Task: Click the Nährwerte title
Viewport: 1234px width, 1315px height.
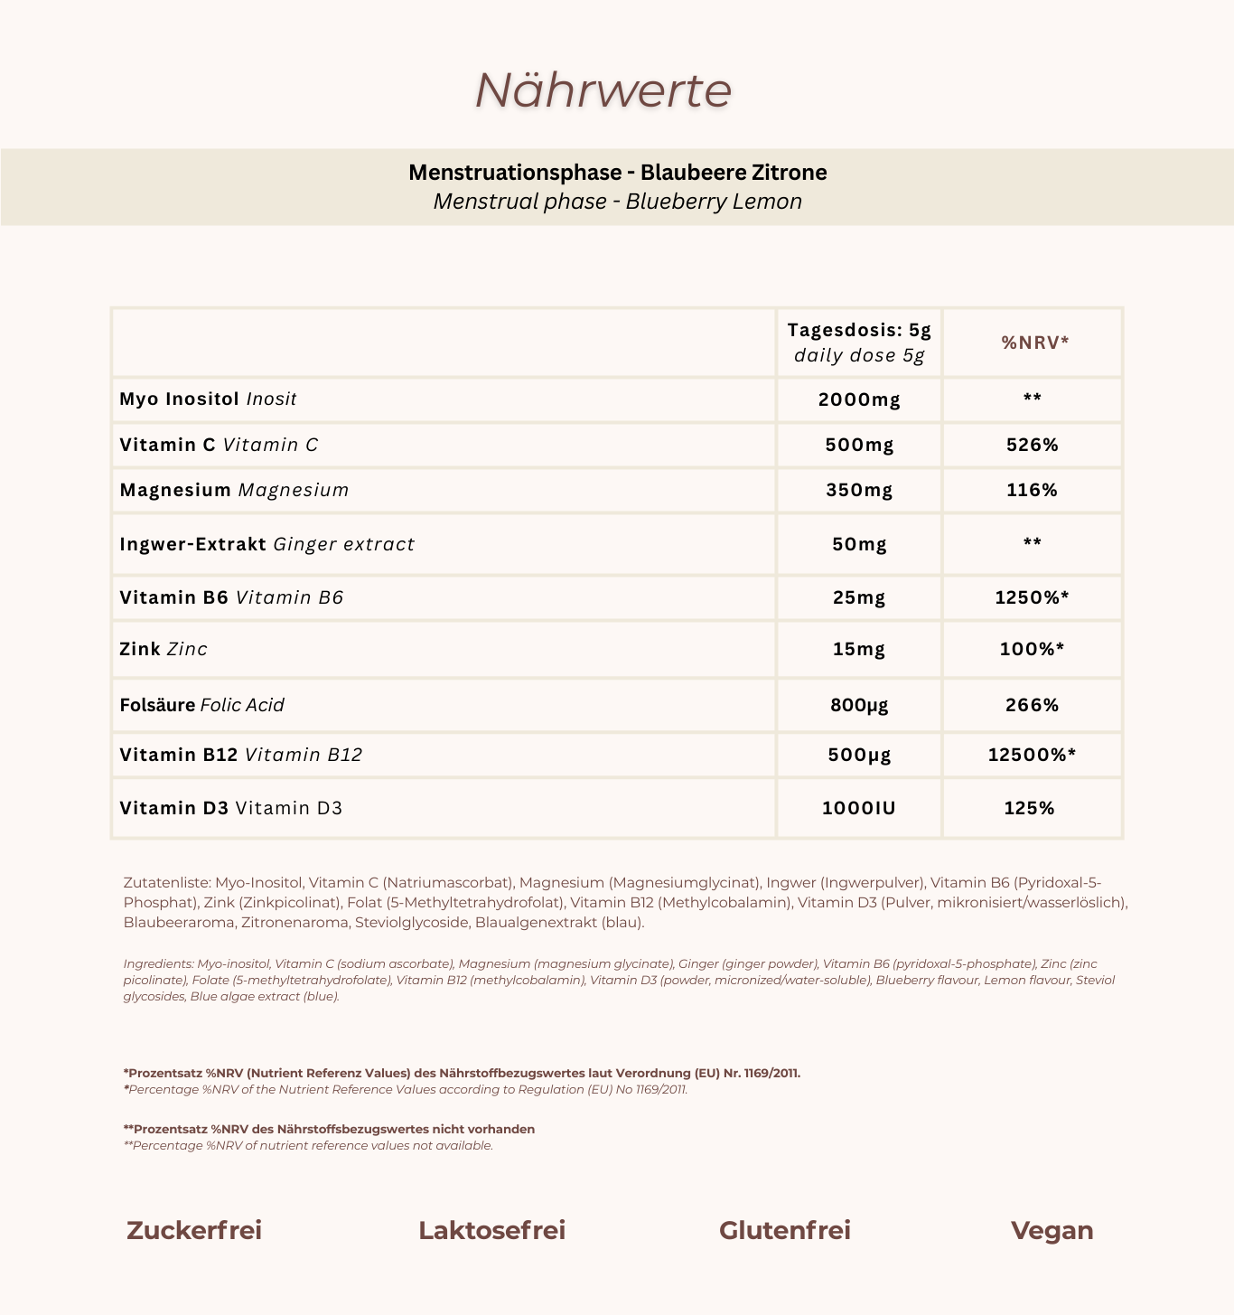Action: [x=603, y=90]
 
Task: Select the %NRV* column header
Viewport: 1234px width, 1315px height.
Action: [x=1034, y=342]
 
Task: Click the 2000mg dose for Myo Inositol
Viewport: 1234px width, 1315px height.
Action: [x=859, y=399]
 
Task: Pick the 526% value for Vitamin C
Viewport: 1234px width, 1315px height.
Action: [x=1032, y=445]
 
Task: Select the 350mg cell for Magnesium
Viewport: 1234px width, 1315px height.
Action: [x=859, y=490]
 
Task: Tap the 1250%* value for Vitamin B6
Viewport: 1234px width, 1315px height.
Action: [x=1032, y=597]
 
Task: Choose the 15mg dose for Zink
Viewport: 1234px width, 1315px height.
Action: [x=859, y=649]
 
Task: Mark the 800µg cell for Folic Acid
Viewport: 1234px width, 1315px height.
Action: [x=859, y=705]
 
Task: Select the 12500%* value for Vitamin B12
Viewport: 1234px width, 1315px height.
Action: [x=1032, y=755]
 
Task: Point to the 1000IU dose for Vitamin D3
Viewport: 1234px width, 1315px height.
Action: [x=859, y=808]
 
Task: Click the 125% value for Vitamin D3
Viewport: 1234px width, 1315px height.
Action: [x=1030, y=808]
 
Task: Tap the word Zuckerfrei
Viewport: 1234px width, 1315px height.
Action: [x=194, y=1231]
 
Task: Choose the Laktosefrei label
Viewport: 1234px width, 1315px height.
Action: [x=492, y=1231]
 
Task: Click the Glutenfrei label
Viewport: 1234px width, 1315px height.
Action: [x=785, y=1231]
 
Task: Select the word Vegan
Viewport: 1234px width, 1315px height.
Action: [x=1052, y=1231]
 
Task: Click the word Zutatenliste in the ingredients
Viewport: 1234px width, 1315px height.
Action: [x=166, y=882]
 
